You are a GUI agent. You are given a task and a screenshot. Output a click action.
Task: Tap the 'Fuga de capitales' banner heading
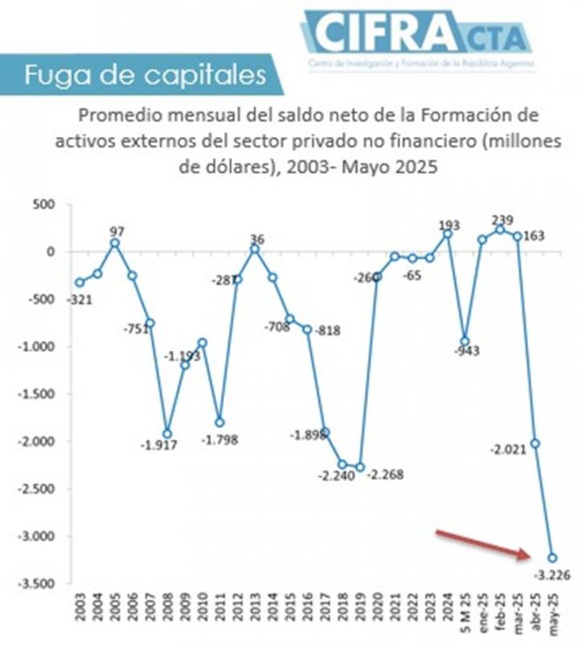coord(144,75)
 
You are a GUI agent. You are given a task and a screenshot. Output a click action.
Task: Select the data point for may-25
coord(553,558)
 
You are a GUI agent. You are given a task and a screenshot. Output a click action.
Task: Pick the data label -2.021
coord(506,449)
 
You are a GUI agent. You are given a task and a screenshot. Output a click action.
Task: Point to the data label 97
coord(117,232)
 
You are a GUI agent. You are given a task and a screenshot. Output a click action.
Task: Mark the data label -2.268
coord(385,474)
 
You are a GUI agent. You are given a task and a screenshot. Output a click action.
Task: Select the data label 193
coord(448,224)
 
